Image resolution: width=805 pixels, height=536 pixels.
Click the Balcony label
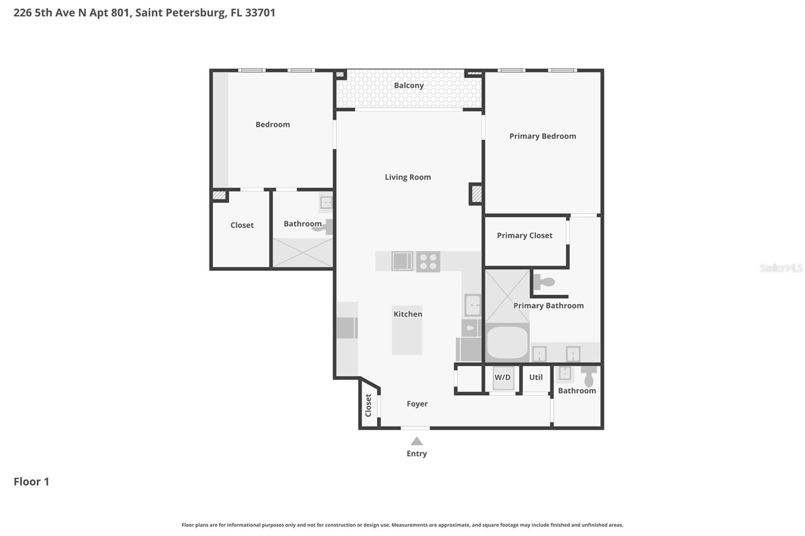[x=409, y=85]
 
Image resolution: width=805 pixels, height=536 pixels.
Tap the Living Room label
[x=408, y=177]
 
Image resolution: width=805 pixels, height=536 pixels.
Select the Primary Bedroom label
[x=542, y=136]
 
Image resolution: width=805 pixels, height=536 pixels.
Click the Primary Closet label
[x=524, y=235]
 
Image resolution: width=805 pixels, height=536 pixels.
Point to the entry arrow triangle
[x=417, y=441]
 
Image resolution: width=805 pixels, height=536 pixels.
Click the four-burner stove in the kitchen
[x=428, y=262]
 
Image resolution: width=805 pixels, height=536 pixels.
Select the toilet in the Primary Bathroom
[x=543, y=282]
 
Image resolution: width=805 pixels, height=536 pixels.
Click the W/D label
[x=502, y=377]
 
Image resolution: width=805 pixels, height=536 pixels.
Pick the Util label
[x=536, y=377]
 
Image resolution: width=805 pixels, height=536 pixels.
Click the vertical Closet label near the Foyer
[x=368, y=405]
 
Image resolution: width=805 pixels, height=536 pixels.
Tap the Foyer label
[x=417, y=404]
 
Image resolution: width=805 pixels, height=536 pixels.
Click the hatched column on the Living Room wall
[x=476, y=194]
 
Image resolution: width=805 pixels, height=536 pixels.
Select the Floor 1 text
[x=31, y=482]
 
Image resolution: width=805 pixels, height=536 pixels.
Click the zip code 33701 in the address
[x=260, y=13]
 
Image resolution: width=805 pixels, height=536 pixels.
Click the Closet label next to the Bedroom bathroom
[x=242, y=225]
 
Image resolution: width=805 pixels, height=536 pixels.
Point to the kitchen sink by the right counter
[x=472, y=305]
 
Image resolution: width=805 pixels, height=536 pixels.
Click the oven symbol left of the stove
[x=402, y=261]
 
